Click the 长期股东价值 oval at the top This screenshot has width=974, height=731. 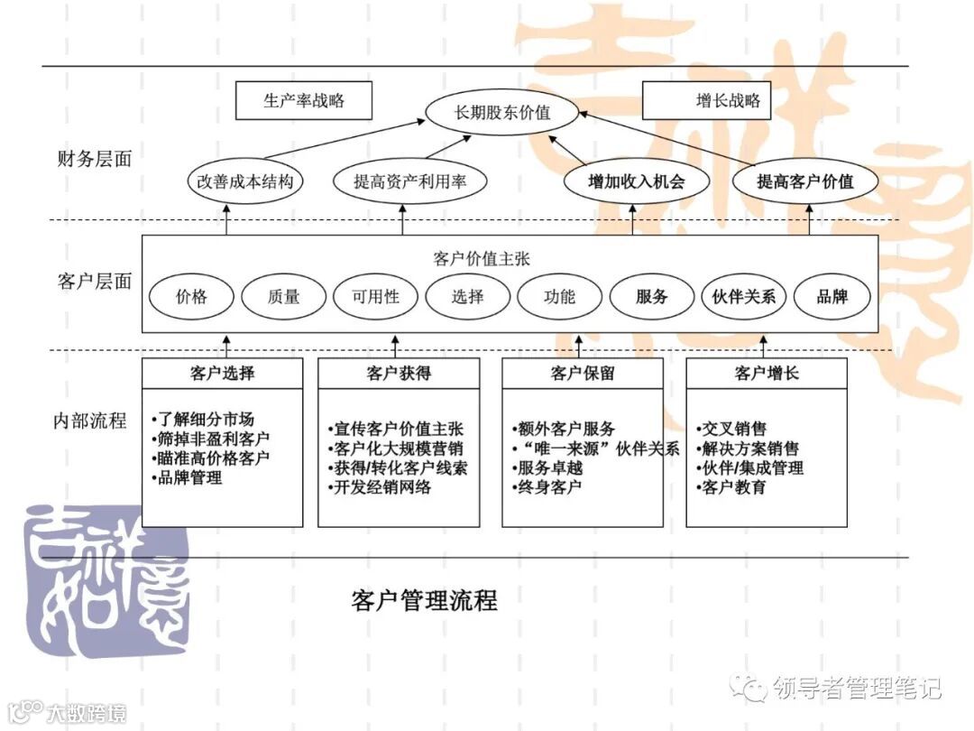(502, 114)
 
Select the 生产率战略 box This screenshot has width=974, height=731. (303, 101)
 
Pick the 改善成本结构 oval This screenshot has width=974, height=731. (245, 181)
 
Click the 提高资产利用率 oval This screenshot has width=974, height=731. (409, 181)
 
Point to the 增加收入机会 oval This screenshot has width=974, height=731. (636, 181)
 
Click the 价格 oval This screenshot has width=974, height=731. (191, 296)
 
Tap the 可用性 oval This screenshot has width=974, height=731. (375, 296)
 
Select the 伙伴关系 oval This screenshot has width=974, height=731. (744, 296)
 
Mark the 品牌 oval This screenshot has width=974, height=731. (832, 296)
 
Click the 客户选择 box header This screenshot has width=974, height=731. (222, 373)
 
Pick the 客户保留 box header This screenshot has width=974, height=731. (582, 373)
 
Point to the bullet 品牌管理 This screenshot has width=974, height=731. (189, 478)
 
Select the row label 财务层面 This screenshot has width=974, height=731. (94, 160)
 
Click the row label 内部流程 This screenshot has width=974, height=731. (89, 421)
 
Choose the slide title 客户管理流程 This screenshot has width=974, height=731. (424, 600)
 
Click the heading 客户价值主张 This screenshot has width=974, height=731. (482, 259)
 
